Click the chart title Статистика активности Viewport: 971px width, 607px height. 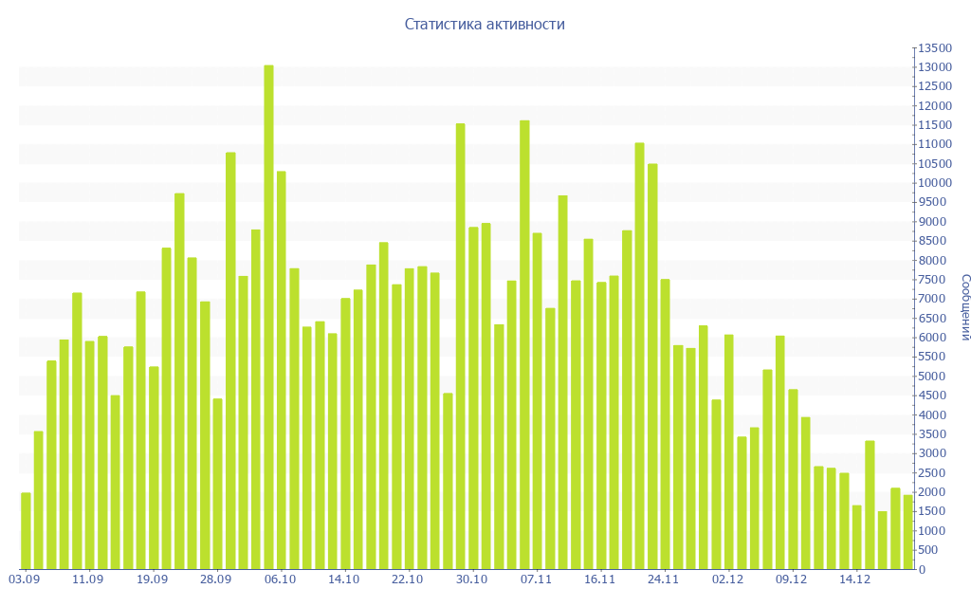click(x=485, y=25)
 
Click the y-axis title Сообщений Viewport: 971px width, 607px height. click(x=964, y=307)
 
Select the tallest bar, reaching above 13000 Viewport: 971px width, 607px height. click(x=268, y=317)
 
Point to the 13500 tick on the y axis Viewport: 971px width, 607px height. click(x=934, y=48)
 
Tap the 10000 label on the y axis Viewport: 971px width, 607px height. click(x=934, y=183)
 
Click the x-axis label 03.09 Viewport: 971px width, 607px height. click(x=24, y=579)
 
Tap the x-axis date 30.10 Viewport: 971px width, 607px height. click(x=471, y=579)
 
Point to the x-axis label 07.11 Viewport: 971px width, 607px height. click(x=536, y=579)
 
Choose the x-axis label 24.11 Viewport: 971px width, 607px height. click(x=664, y=579)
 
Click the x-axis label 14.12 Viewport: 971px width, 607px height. click(x=855, y=579)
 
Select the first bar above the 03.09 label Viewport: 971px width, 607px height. click(x=26, y=531)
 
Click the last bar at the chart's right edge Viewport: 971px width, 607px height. click(x=907, y=532)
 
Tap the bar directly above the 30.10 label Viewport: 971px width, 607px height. click(x=473, y=398)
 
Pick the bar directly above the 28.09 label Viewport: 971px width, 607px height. click(x=217, y=484)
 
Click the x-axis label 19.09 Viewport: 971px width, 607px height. click(x=152, y=579)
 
